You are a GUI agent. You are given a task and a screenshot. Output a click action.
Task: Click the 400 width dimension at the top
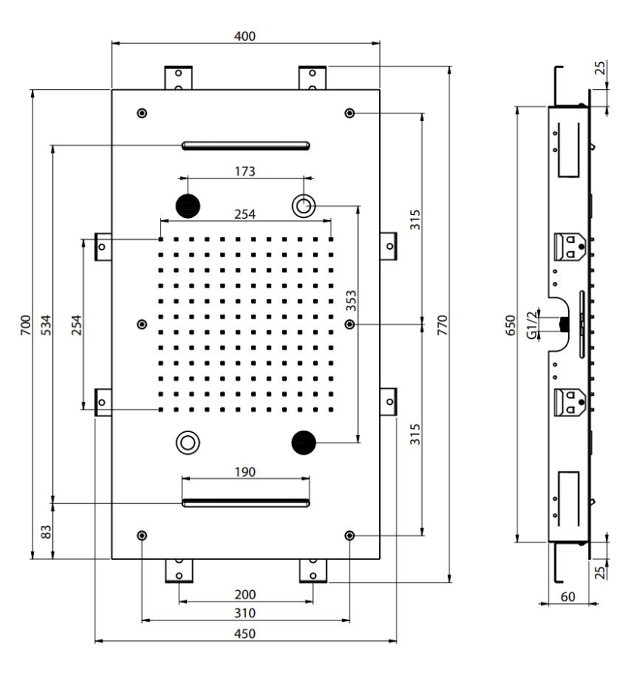point(245,36)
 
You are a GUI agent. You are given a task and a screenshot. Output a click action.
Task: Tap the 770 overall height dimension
point(442,325)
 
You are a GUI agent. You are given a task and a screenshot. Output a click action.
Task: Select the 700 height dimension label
point(26,325)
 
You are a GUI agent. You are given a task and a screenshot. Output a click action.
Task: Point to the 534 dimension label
point(45,325)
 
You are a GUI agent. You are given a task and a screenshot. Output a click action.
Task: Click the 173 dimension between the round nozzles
point(245,171)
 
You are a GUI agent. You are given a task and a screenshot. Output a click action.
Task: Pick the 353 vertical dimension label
point(351,300)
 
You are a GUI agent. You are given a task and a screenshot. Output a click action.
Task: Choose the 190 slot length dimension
point(245,471)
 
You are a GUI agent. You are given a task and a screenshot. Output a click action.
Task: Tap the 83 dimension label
point(45,532)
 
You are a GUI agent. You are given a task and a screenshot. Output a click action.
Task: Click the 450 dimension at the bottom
point(245,633)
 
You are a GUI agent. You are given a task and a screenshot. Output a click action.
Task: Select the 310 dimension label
point(245,613)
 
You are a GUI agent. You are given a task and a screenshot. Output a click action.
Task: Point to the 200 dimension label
point(245,594)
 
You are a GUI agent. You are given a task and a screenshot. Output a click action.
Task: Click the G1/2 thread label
point(532,325)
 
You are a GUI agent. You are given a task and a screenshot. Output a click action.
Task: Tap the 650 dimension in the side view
point(511,325)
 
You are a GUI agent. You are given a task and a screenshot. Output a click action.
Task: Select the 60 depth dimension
point(567,597)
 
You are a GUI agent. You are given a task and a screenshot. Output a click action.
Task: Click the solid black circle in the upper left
point(188,206)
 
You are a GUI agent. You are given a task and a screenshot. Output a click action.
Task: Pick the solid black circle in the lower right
point(303,443)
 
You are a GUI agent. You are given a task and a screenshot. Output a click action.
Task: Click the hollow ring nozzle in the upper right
point(303,205)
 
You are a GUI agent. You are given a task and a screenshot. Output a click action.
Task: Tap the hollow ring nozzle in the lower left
point(188,443)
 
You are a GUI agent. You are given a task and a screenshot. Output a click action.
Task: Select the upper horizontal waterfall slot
point(246,145)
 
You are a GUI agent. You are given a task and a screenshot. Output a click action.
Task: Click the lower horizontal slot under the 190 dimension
point(246,503)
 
